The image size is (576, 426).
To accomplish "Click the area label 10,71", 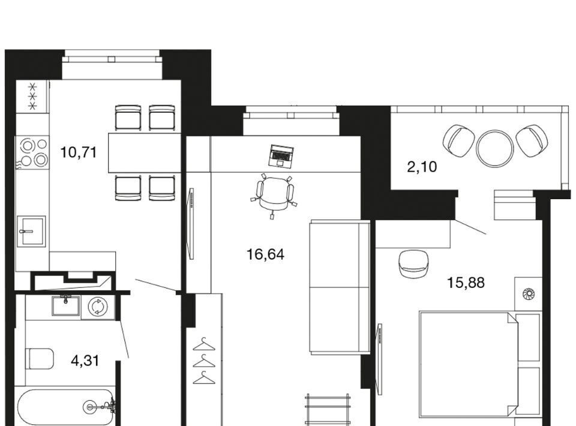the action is pos(78,152).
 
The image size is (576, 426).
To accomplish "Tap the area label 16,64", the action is pos(266,254).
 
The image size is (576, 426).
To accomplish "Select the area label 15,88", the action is pos(466,283).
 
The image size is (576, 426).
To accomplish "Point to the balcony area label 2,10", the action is pos(422,167).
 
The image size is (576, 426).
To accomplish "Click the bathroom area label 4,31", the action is pos(85,361).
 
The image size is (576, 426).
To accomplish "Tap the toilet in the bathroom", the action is pos(40,359).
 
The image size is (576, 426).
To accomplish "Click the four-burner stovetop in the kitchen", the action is pos(32,152).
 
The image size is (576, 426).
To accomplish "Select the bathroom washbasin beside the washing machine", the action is pos(66,306).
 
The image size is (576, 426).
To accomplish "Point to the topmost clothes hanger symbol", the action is pos(204,344).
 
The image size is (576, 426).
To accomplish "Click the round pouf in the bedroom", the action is pos(414,264).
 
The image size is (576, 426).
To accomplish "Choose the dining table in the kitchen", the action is pos(145,153).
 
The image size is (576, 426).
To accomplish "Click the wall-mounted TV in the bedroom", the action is pos(379,359).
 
